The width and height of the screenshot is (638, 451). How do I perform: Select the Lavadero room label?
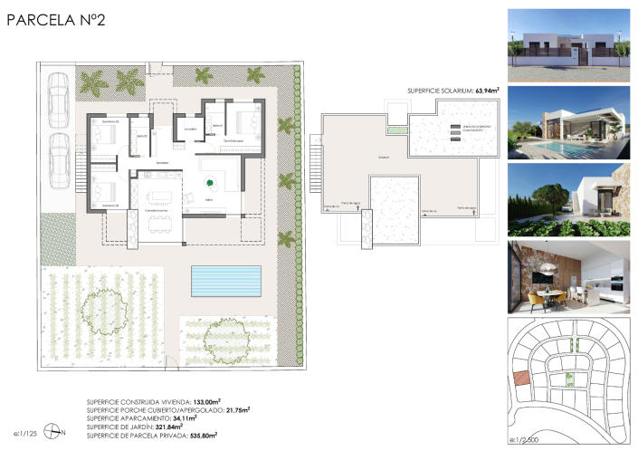[190, 130]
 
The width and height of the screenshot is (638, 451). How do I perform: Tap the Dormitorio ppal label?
[236, 142]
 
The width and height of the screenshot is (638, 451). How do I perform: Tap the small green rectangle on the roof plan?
[392, 130]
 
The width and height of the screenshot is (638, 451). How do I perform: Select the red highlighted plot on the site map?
[519, 379]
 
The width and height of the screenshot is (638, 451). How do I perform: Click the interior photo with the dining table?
[563, 276]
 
